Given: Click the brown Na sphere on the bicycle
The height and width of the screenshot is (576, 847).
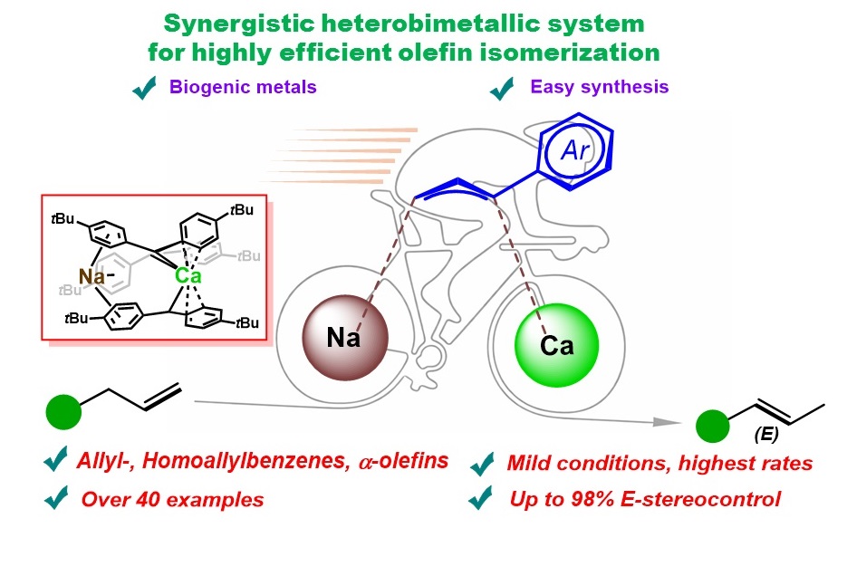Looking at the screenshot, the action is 345,338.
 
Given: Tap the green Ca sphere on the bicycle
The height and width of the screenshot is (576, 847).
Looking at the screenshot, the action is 557,345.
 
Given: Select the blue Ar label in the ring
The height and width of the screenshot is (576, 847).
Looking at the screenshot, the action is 575,149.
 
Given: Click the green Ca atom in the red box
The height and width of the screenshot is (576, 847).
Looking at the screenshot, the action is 188,276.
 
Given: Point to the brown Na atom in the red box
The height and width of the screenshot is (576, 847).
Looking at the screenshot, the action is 91,277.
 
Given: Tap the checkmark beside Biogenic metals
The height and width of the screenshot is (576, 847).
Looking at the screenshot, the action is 144,88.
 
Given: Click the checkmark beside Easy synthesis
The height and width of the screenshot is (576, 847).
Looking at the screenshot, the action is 502,88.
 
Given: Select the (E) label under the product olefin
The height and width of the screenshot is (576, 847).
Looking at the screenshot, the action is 766,434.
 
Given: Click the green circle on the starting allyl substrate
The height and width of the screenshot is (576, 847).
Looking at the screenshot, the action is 63,412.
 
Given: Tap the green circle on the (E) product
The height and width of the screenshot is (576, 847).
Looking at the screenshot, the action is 713,426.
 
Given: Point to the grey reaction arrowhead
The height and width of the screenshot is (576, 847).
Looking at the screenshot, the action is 667,422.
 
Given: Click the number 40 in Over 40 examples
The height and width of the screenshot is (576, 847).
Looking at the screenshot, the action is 148,500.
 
